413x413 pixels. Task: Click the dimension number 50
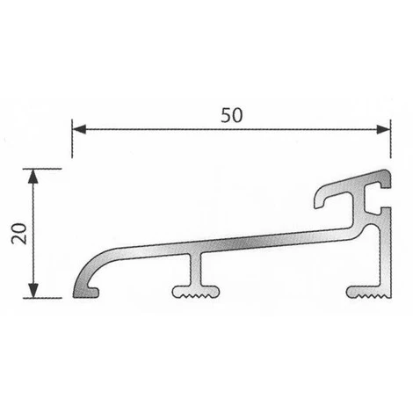[x=231, y=116]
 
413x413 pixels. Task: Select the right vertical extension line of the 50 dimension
[x=390, y=145]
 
